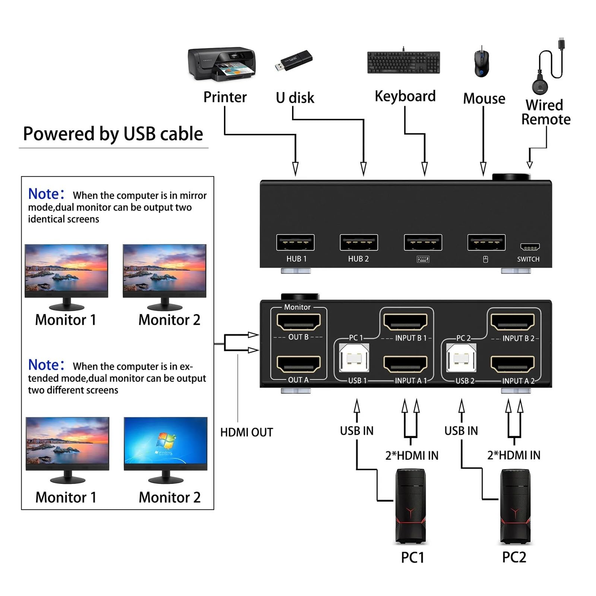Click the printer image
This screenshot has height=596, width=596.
(x=222, y=64)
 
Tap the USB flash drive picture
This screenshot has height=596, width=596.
(x=294, y=61)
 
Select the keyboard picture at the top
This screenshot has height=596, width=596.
(x=403, y=62)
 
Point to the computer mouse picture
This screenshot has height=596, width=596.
(x=482, y=63)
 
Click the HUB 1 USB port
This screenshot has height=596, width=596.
(x=295, y=242)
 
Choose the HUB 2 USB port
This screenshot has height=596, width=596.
(x=359, y=242)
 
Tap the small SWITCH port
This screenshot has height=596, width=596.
(x=530, y=247)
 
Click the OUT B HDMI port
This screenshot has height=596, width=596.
(x=298, y=322)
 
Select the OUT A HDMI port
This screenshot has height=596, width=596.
(x=298, y=364)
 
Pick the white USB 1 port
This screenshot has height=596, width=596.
(x=354, y=358)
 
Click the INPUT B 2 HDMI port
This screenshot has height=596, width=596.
(x=513, y=322)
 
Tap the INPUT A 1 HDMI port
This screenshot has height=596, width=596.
(x=405, y=364)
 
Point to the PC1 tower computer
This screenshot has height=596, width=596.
(x=410, y=506)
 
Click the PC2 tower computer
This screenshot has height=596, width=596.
(x=515, y=506)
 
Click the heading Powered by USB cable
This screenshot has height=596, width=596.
(x=113, y=134)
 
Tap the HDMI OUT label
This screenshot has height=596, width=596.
(x=247, y=432)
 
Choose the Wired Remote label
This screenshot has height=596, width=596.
(x=546, y=112)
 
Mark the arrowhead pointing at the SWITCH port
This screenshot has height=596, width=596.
(x=529, y=165)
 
